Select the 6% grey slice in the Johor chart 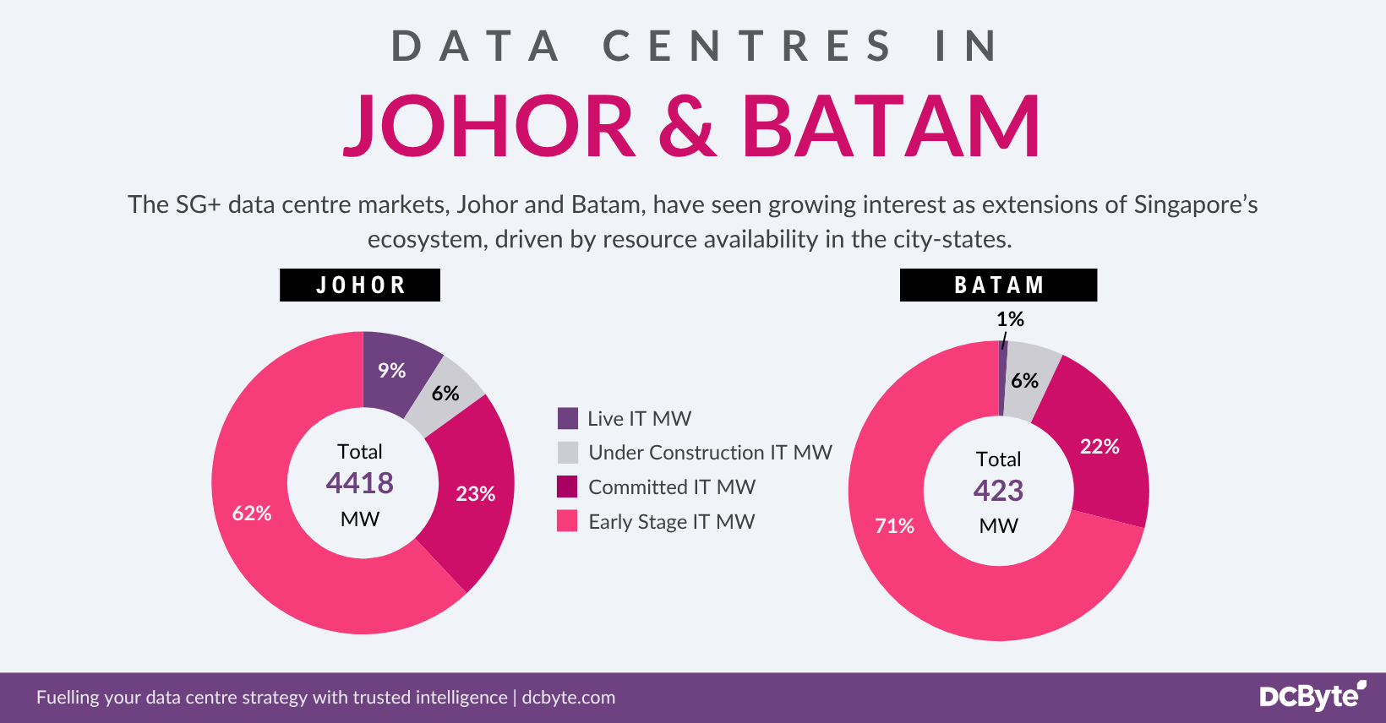click(445, 394)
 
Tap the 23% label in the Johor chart click(475, 494)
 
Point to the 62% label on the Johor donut click(252, 514)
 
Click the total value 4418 click(360, 483)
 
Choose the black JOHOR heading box click(360, 285)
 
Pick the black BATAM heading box click(998, 285)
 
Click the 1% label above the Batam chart click(1010, 319)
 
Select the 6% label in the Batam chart click(1024, 381)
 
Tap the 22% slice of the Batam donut click(1099, 447)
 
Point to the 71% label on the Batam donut click(894, 526)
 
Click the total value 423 click(998, 491)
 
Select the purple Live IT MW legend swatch click(568, 419)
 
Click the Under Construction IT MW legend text click(710, 453)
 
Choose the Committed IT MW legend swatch click(567, 487)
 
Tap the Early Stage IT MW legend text click(671, 522)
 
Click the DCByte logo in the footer click(1312, 696)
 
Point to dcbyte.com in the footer click(569, 698)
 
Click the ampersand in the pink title click(687, 127)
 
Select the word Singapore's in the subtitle click(1195, 205)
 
